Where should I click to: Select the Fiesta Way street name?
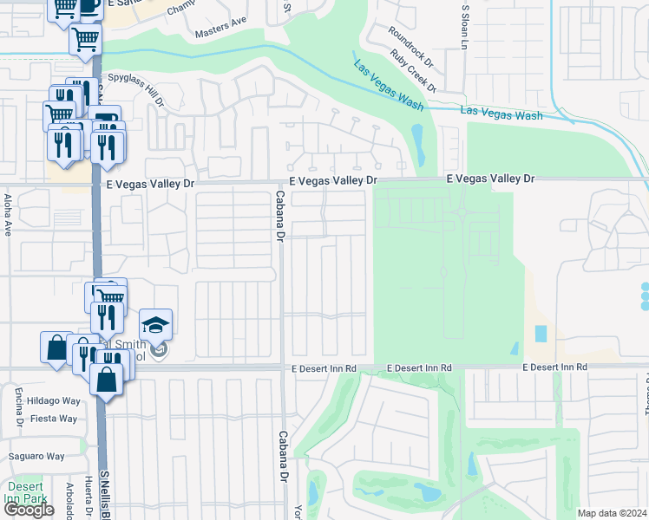tap(54, 418)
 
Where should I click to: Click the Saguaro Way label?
tap(36, 456)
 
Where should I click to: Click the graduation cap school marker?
tap(155, 325)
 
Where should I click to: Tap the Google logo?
tap(29, 510)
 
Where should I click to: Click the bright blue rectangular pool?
tap(541, 333)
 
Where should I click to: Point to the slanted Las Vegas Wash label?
tap(388, 85)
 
